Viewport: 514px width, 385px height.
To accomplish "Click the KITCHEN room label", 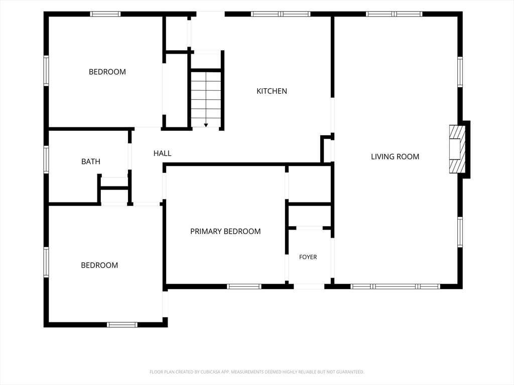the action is click(x=272, y=91).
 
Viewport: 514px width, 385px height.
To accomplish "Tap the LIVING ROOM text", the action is click(x=395, y=157).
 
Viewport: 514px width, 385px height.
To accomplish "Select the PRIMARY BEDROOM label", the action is click(x=225, y=232).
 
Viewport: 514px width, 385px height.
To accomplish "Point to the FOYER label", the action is click(x=308, y=257).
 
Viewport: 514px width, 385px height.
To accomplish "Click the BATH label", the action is click(x=91, y=161).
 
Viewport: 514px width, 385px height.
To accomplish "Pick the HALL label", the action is click(x=162, y=153).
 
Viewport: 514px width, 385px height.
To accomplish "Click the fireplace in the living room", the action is click(x=457, y=149).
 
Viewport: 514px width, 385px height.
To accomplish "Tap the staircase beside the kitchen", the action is click(x=206, y=99).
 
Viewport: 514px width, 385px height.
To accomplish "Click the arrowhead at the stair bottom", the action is click(x=206, y=125).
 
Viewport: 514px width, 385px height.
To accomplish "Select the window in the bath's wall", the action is click(x=46, y=159).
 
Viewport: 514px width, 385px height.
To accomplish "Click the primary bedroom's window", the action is click(x=244, y=286).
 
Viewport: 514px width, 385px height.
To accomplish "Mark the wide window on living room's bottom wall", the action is click(x=396, y=286).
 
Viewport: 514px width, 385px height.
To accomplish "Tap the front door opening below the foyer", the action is click(x=309, y=286).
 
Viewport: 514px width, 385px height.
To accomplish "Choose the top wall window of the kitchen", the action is click(x=281, y=14).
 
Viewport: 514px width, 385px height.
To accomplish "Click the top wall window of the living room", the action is click(x=394, y=14).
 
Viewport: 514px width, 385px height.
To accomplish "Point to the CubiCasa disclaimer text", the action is click(x=256, y=372).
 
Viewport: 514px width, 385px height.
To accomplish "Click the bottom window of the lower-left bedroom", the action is click(x=122, y=325).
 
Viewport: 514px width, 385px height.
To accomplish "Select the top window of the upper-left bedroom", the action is click(x=105, y=14).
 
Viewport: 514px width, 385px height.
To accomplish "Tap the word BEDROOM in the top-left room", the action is click(x=107, y=72).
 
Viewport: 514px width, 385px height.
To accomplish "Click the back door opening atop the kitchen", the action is click(x=210, y=14).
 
